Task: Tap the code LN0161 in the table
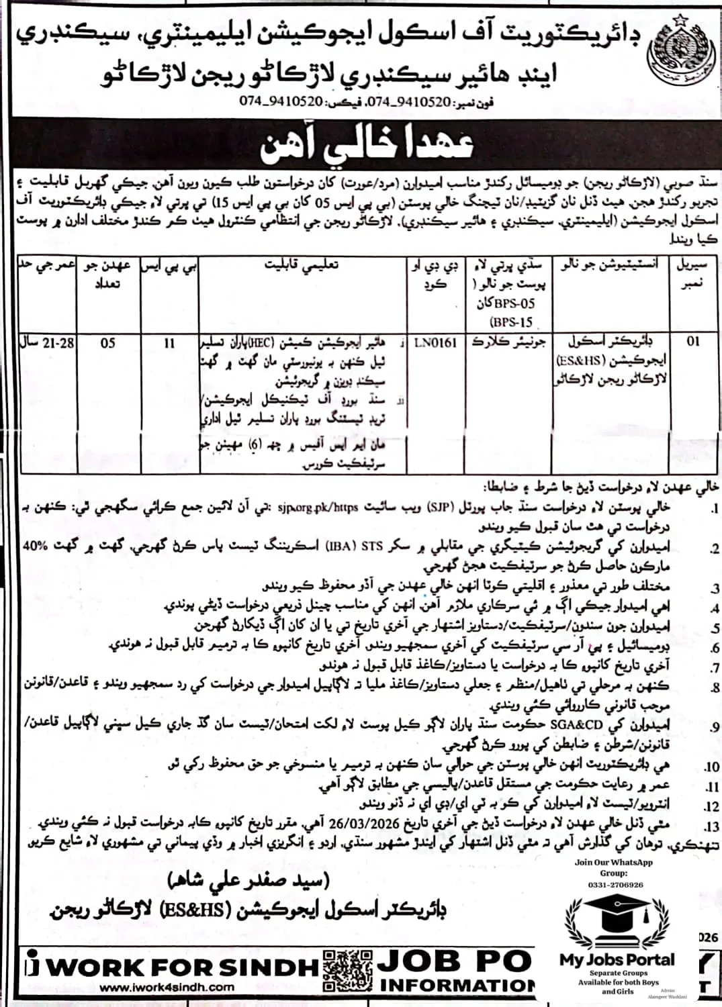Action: (435, 343)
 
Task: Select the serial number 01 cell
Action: (692, 342)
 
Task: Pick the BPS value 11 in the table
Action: (169, 343)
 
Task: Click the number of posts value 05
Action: (108, 343)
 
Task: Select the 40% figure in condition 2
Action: (35, 546)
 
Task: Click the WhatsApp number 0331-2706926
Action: (615, 885)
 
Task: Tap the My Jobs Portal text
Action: (617, 959)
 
